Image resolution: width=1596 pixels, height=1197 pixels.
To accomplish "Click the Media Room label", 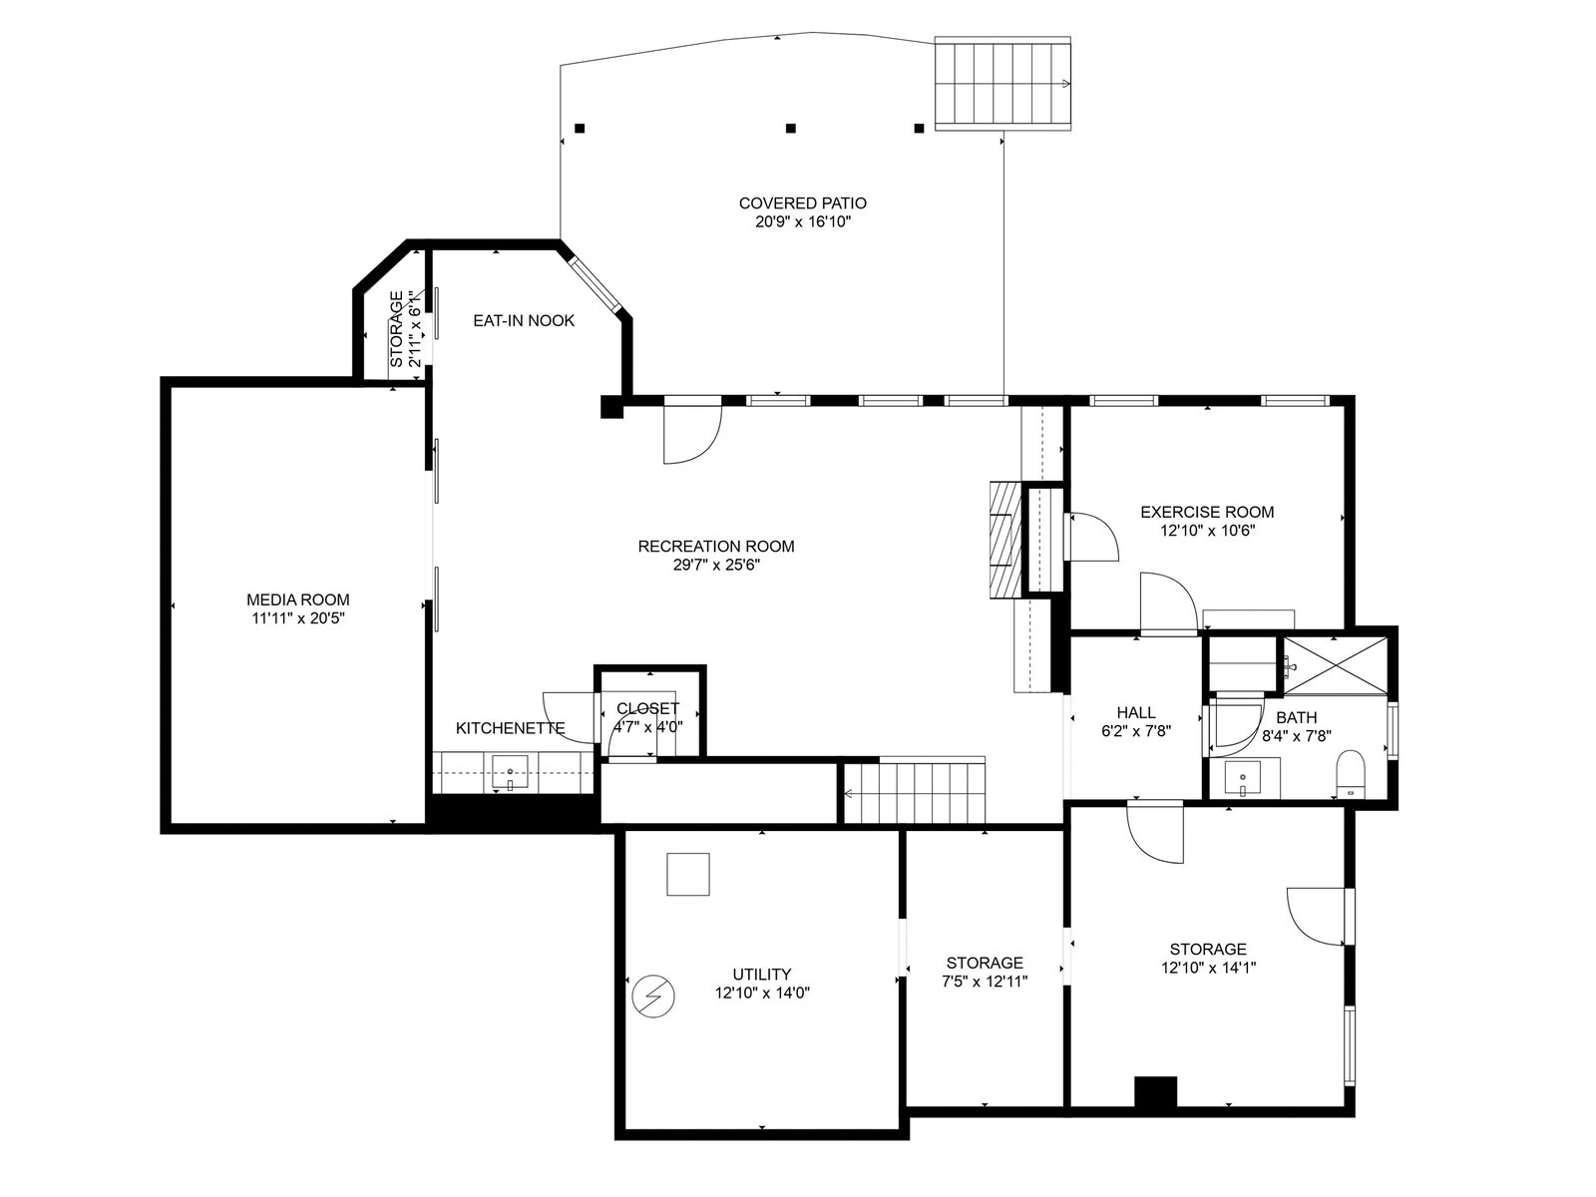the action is click(x=297, y=599).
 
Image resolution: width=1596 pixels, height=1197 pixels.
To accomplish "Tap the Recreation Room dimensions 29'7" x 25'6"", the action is click(x=716, y=565).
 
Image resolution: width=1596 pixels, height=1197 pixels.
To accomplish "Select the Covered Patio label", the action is click(x=803, y=202).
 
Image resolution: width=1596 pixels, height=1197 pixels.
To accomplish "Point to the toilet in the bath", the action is click(x=1351, y=775).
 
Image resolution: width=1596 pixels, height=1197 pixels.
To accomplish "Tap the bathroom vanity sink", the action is click(x=1243, y=779).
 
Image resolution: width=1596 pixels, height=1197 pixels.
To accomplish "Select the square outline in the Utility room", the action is click(x=688, y=874).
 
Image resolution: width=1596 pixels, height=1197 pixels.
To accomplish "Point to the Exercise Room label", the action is click(x=1207, y=512).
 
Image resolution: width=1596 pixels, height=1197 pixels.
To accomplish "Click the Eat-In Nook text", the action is click(x=524, y=320).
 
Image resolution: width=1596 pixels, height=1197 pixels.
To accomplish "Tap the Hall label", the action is click(x=1136, y=713).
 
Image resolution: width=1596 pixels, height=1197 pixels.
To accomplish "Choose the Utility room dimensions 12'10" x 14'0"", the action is click(x=762, y=993).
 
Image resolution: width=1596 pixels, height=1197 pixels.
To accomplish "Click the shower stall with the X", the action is click(x=1336, y=665).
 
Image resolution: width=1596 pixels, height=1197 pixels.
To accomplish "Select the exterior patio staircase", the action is click(x=1002, y=84).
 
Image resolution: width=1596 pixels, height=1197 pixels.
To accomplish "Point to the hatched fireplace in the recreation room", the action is click(x=1005, y=540).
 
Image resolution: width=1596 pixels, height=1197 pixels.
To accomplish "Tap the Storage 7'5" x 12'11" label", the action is click(x=985, y=972).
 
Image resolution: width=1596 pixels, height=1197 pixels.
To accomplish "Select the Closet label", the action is click(x=647, y=708).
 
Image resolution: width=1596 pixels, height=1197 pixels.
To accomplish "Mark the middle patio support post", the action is click(x=791, y=128).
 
